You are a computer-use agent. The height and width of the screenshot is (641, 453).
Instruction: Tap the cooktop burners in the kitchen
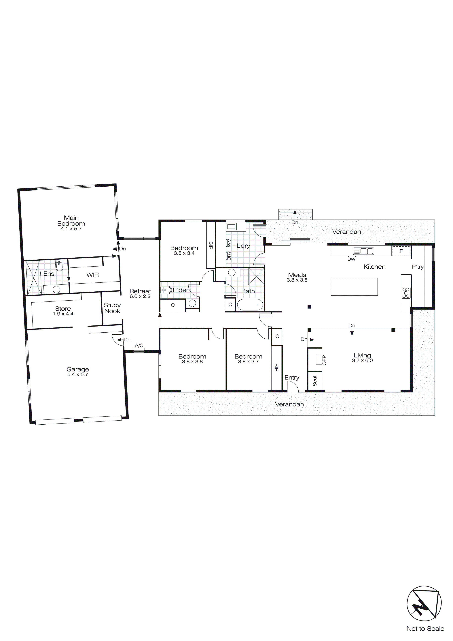(406, 293)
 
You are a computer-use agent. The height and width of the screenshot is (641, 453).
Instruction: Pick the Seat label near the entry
(315, 381)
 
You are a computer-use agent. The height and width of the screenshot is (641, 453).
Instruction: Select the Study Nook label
(112, 308)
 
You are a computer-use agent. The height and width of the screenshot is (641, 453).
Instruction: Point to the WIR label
(93, 275)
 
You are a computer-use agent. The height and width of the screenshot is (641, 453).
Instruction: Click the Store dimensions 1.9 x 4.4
(63, 314)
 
